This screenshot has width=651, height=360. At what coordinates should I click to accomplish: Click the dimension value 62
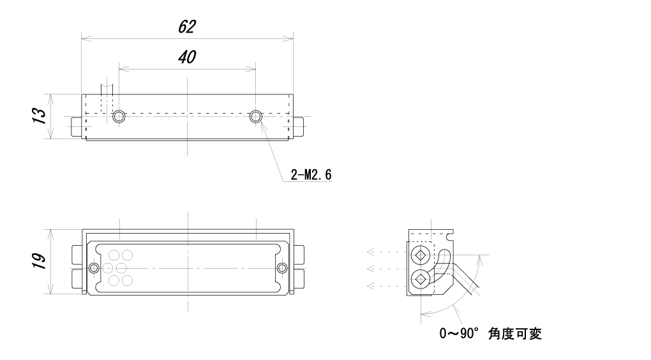[187, 27]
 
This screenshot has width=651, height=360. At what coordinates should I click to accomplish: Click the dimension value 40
[187, 57]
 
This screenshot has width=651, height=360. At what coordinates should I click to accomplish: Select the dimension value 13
[40, 116]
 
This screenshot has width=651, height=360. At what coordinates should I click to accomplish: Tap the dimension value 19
[40, 261]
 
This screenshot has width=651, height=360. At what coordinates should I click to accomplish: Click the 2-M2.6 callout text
[311, 175]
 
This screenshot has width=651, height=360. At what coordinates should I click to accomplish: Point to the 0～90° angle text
[459, 333]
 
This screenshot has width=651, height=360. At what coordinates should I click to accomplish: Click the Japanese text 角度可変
[515, 333]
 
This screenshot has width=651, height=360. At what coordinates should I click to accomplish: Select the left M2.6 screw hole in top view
[119, 116]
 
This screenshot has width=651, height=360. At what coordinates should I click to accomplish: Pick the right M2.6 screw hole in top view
[256, 116]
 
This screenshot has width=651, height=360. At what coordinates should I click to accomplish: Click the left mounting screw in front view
[94, 268]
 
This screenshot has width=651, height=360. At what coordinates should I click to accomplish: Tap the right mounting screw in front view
[282, 268]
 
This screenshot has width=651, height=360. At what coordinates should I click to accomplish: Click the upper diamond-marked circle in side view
[421, 255]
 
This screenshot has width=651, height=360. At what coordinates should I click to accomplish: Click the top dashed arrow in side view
[386, 251]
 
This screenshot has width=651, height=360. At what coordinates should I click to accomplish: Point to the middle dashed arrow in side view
[386, 269]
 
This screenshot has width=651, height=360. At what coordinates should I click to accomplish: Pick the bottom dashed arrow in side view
[386, 286]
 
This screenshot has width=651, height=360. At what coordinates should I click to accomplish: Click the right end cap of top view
[299, 126]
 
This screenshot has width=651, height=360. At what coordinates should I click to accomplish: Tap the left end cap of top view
[76, 126]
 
